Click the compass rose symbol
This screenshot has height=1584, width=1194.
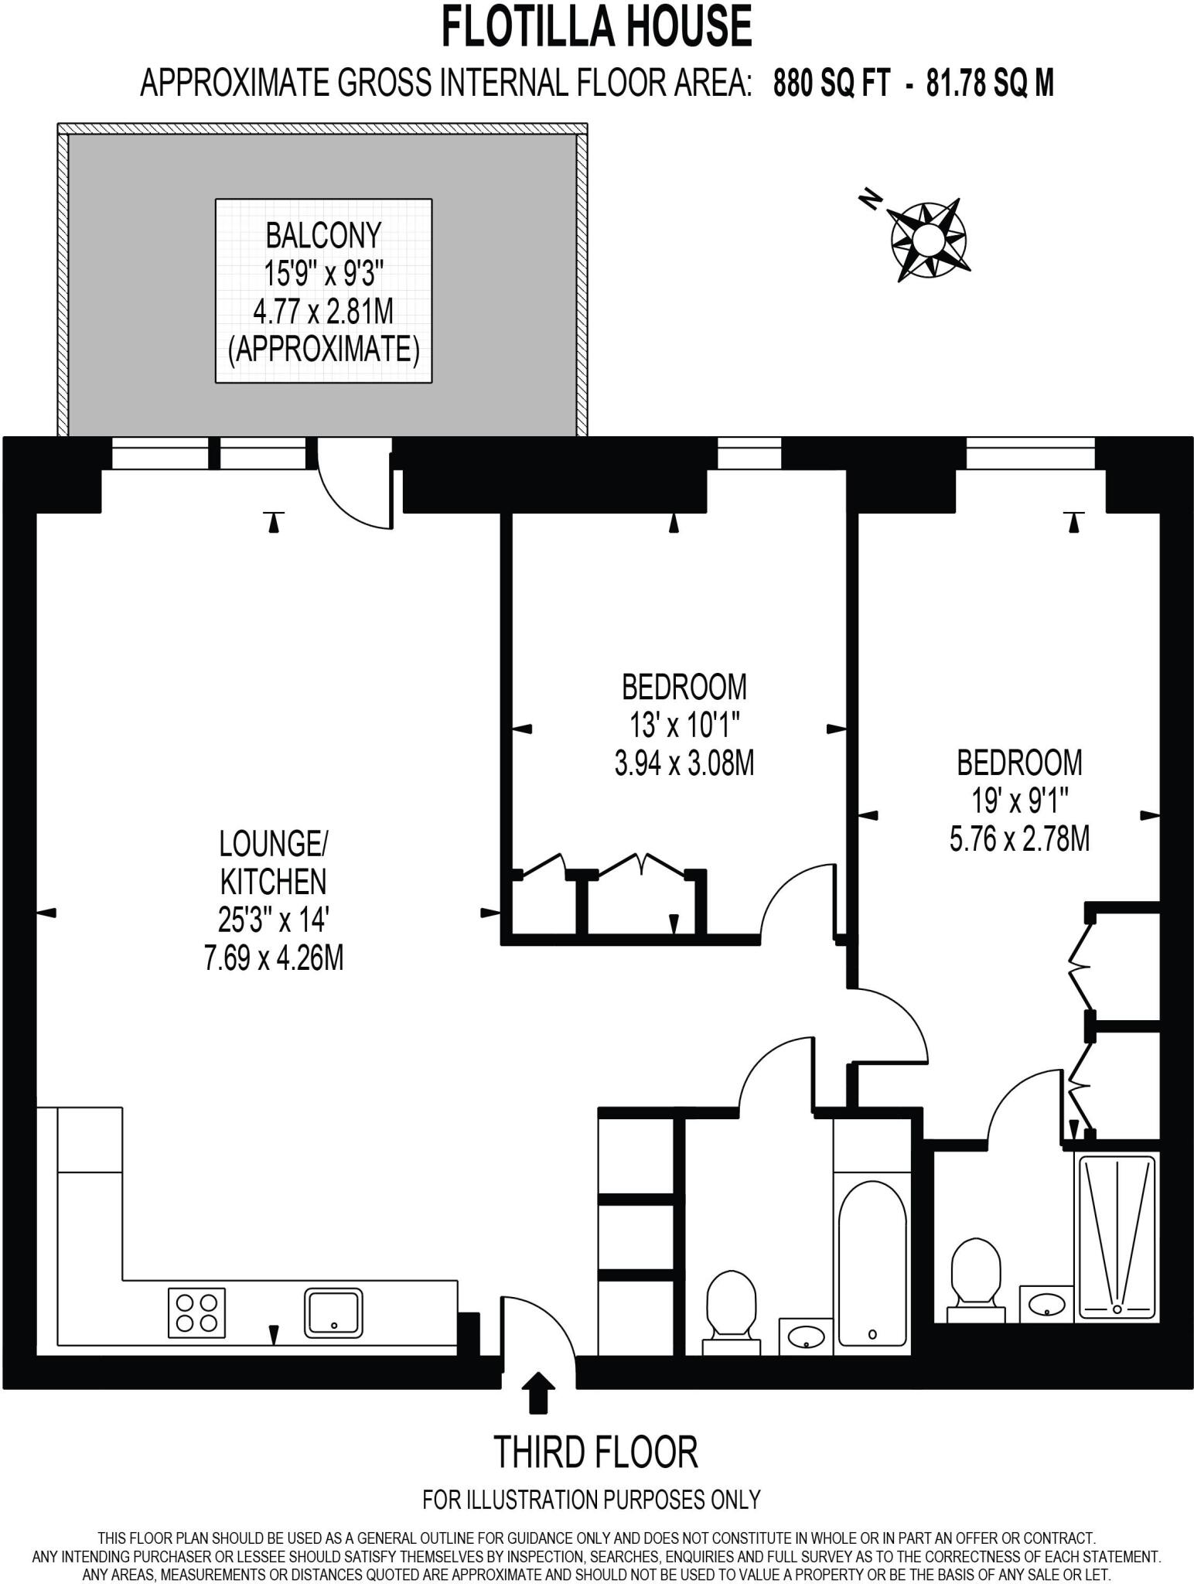(928, 241)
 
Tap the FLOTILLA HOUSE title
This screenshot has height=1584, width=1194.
(596, 26)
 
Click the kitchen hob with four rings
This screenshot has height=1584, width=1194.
(196, 1313)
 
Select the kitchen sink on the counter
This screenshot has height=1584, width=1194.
(333, 1312)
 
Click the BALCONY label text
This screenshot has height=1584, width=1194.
(323, 234)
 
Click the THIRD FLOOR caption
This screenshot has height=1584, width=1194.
(595, 1452)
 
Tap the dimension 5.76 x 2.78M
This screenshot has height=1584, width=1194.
(1019, 838)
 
